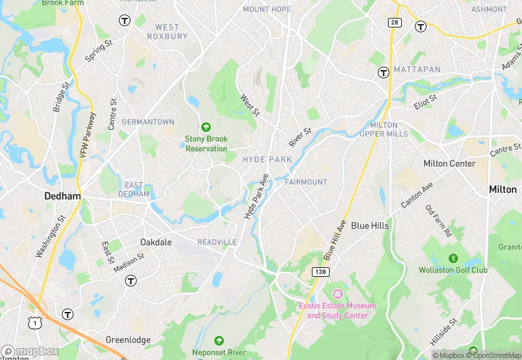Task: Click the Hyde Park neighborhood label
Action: [x=267, y=159]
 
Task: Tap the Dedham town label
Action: [x=63, y=196]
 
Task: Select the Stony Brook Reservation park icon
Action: [x=205, y=126]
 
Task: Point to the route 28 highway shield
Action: [x=394, y=23]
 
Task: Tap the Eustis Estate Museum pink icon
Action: [x=337, y=293]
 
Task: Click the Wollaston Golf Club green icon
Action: [x=453, y=258]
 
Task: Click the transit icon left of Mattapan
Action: [x=383, y=71]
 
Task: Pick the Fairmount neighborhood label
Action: [x=306, y=182]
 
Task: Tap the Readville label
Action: [x=217, y=243]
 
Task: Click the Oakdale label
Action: [x=156, y=243]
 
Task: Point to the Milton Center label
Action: [x=449, y=164]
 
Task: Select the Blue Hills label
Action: [x=370, y=225]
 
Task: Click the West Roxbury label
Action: [x=167, y=32]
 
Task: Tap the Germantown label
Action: [x=148, y=122]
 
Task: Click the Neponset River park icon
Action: [x=218, y=341]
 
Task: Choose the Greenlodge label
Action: [x=127, y=340]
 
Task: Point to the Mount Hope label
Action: [x=267, y=10]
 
